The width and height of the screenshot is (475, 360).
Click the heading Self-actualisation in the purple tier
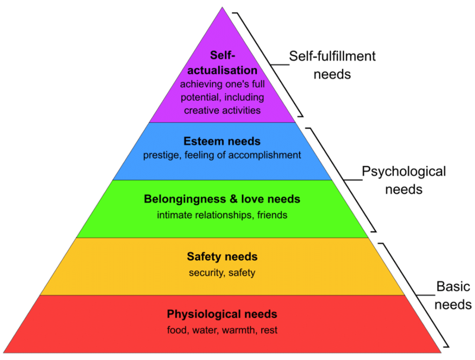point(222,63)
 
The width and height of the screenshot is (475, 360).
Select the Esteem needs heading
point(222,141)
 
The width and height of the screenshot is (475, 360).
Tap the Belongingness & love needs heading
point(222,199)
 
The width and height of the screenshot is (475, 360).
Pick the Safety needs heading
point(222,257)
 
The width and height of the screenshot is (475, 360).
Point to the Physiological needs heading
point(222,314)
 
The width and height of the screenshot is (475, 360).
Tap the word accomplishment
point(264,155)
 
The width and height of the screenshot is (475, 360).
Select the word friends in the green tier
point(272,215)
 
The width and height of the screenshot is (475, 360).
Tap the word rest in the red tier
point(269,330)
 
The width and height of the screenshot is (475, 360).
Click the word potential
point(201,97)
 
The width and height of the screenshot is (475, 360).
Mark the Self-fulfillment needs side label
point(332,65)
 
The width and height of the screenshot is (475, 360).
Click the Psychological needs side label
point(404,180)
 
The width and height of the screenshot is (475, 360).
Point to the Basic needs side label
point(453,296)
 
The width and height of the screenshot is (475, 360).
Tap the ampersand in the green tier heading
point(234,199)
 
